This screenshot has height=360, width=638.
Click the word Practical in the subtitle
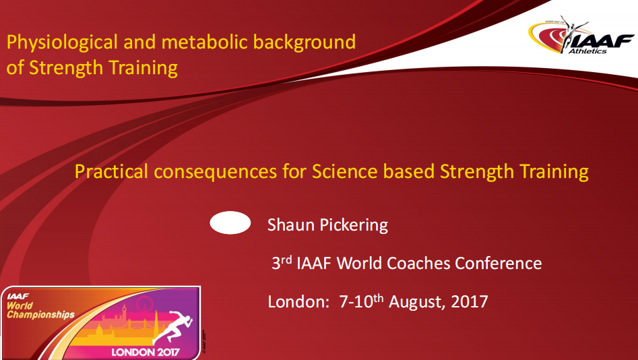coord(111,171)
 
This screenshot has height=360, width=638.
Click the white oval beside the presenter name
coord(230,222)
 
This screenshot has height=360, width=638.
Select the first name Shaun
coord(290,224)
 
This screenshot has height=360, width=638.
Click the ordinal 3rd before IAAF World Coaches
coord(282,263)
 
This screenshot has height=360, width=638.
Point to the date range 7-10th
coord(361,301)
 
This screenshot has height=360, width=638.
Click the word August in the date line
coord(418,303)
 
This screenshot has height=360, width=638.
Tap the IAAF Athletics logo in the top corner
coord(581,36)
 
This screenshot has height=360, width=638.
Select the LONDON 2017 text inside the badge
coord(146,352)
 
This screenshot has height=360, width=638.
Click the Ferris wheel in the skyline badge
coord(144,304)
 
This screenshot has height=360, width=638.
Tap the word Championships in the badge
coord(40,315)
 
